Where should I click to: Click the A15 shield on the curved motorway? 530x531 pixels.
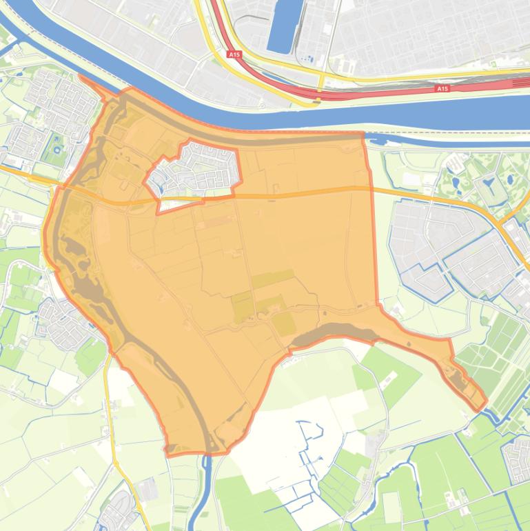point(234,54)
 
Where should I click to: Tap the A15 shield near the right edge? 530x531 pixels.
point(442,88)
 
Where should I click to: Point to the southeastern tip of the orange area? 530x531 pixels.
point(485,403)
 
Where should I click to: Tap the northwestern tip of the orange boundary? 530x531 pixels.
point(82,76)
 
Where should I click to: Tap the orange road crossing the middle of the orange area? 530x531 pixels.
point(296,192)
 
